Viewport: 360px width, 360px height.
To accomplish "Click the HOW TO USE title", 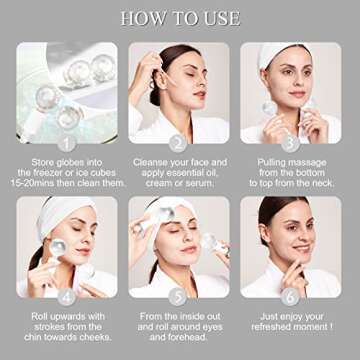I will point(180,18).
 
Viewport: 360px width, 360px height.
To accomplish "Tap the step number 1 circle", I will point(66,143).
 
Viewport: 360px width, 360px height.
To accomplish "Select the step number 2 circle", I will point(179,143).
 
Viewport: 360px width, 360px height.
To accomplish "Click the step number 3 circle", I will point(290,143).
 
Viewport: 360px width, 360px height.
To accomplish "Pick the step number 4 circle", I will point(66,297).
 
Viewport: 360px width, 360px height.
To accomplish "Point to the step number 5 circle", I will point(179,297).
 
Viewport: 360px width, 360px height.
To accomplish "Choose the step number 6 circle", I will point(290,297).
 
